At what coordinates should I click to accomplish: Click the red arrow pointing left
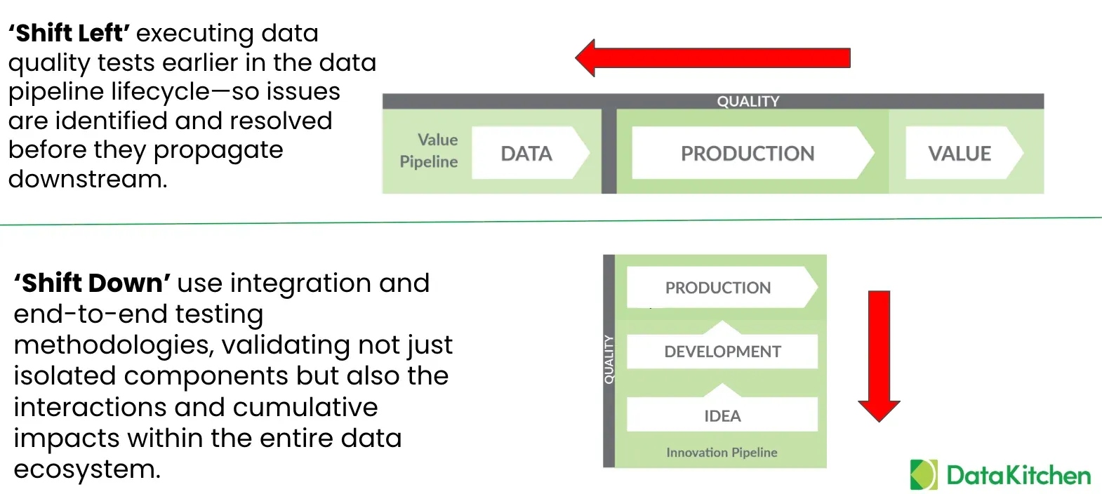click(712, 58)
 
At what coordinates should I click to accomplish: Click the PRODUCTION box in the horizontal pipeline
click(748, 153)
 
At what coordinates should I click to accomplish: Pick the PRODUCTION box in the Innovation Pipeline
click(719, 288)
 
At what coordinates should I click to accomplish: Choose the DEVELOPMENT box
click(722, 352)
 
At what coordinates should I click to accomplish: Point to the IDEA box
click(722, 415)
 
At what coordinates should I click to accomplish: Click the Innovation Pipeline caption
click(722, 453)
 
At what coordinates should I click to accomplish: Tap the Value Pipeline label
click(430, 151)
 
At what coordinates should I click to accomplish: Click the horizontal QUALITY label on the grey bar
click(748, 101)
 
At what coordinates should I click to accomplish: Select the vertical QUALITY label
click(609, 359)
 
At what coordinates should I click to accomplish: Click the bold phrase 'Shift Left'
click(69, 33)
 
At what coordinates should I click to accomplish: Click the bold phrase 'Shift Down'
click(92, 283)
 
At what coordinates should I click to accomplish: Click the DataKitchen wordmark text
click(1018, 476)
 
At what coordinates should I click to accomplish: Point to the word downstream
click(87, 179)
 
